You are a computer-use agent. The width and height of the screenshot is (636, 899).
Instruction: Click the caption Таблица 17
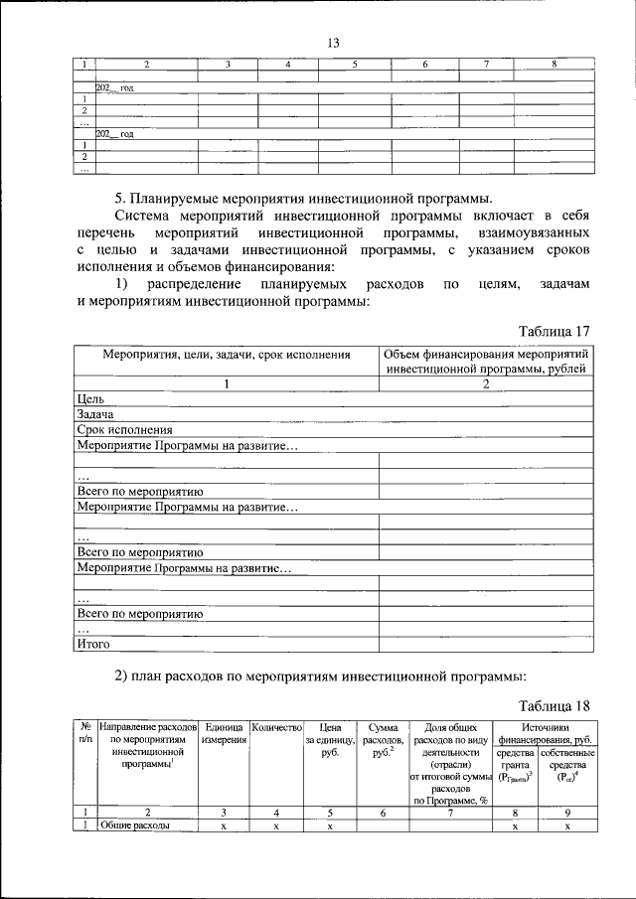[555, 331]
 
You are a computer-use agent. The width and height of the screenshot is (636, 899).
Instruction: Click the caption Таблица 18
[555, 704]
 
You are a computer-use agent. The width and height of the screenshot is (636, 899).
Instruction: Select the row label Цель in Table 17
[89, 398]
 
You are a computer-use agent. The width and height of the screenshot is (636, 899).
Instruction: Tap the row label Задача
[95, 414]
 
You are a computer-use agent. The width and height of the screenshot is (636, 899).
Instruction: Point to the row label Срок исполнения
[124, 430]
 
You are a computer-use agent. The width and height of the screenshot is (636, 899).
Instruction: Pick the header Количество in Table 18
[276, 728]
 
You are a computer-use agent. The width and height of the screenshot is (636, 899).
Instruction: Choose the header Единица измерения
[224, 735]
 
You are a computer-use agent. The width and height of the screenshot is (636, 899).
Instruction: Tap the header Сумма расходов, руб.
[382, 741]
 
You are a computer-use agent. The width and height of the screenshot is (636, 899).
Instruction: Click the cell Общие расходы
[135, 825]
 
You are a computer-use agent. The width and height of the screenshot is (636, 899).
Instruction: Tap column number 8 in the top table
[554, 65]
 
